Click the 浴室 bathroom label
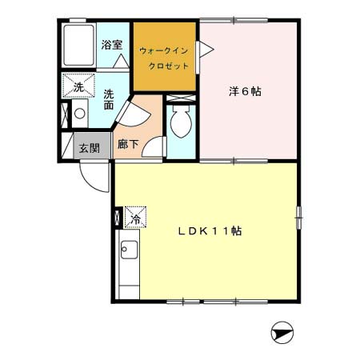click(111, 46)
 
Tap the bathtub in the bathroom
click(80, 47)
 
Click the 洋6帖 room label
click(245, 91)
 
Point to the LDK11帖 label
click(210, 231)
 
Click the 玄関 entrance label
click(89, 148)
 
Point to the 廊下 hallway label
click(127, 146)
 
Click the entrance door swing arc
click(94, 176)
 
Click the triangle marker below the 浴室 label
click(119, 61)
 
